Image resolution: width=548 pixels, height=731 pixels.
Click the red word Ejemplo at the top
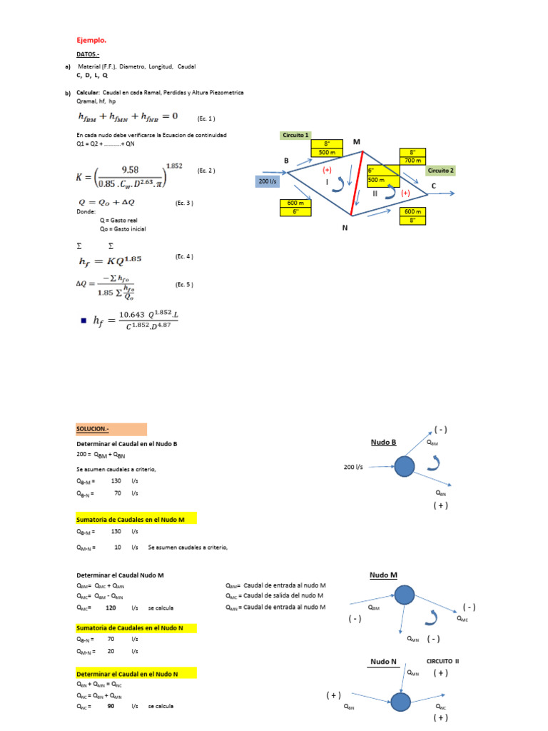click(91, 40)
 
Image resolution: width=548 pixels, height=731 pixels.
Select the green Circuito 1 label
click(296, 135)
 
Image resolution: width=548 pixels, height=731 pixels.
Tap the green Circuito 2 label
click(440, 171)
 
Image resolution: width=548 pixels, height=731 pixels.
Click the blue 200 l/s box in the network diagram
click(270, 182)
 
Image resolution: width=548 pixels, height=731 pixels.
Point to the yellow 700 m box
click(413, 161)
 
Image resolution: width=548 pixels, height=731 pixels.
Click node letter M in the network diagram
click(355, 142)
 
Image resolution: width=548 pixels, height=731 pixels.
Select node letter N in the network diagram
click(345, 227)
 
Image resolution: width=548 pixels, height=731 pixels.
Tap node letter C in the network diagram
click(434, 186)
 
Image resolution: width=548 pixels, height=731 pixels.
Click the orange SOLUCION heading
click(111, 429)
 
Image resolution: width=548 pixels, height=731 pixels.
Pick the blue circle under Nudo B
click(405, 466)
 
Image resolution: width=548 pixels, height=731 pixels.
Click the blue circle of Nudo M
click(405, 594)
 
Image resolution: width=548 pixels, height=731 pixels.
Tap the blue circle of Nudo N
click(401, 702)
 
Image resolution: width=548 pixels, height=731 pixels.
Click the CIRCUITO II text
click(442, 661)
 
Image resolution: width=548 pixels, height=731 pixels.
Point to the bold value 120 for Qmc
click(111, 608)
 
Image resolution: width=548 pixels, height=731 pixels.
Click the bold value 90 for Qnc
click(111, 706)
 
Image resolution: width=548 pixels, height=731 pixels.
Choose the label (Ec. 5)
click(184, 285)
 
